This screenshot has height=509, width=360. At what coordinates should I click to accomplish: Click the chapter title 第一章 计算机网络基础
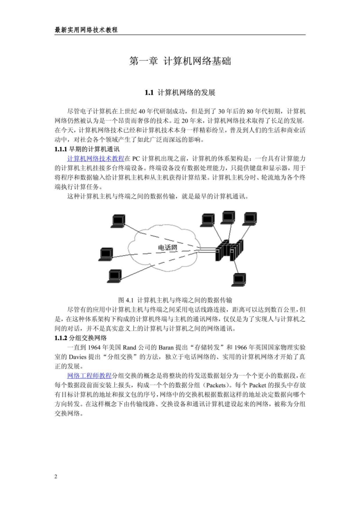point(180,61)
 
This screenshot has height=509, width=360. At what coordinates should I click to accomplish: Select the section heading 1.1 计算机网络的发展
point(180,93)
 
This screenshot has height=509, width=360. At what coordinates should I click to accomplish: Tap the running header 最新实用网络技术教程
point(86,29)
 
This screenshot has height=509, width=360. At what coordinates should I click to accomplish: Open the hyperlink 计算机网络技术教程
point(95,158)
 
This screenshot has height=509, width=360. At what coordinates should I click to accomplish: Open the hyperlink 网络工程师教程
point(89,363)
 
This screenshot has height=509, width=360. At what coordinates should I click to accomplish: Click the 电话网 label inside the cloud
point(167,248)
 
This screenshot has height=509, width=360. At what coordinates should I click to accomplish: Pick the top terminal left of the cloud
point(118,220)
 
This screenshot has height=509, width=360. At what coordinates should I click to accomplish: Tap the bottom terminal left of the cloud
point(115,275)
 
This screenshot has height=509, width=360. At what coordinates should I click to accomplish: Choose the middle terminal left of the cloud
point(106,254)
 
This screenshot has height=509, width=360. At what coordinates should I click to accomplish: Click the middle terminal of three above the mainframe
point(227,217)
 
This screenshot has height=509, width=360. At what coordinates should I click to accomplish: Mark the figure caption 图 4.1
point(175,300)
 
